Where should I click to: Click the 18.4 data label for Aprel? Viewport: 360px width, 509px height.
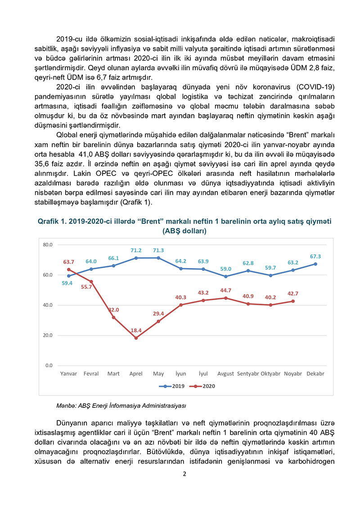pyautogui.click(x=136, y=330)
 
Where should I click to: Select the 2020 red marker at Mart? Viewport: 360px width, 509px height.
pyautogui.click(x=113, y=317)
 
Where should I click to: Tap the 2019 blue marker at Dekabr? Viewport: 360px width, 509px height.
pyautogui.click(x=315, y=264)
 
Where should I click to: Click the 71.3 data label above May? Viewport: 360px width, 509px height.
pyautogui.click(x=158, y=250)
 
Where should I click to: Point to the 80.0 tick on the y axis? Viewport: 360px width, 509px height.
pyautogui.click(x=48, y=245)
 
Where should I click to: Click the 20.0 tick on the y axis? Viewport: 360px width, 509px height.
pyautogui.click(x=48, y=335)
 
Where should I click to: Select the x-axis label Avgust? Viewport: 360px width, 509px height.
pyautogui.click(x=225, y=374)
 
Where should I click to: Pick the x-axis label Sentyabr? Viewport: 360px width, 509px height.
pyautogui.click(x=248, y=374)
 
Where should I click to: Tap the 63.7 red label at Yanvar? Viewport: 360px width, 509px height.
pyautogui.click(x=68, y=261)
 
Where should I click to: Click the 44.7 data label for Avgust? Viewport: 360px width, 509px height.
pyautogui.click(x=225, y=290)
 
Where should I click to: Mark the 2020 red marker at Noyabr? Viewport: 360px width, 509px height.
pyautogui.click(x=293, y=301)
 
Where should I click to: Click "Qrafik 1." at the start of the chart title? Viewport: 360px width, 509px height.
pyautogui.click(x=53, y=222)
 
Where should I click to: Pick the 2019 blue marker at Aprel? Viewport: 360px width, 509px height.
pyautogui.click(x=136, y=258)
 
